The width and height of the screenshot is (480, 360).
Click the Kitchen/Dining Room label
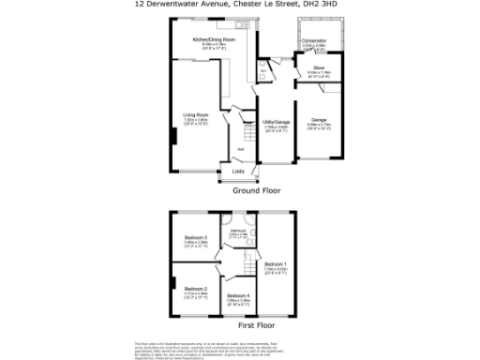(x=214, y=39)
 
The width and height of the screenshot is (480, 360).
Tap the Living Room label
(x=195, y=115)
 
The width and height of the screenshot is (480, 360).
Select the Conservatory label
(x=314, y=39)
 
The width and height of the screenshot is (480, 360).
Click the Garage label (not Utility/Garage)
(x=319, y=119)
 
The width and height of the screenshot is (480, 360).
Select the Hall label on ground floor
(x=240, y=149)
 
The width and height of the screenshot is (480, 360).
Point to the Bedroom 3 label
(x=195, y=237)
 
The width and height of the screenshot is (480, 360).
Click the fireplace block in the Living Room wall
(x=172, y=137)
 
